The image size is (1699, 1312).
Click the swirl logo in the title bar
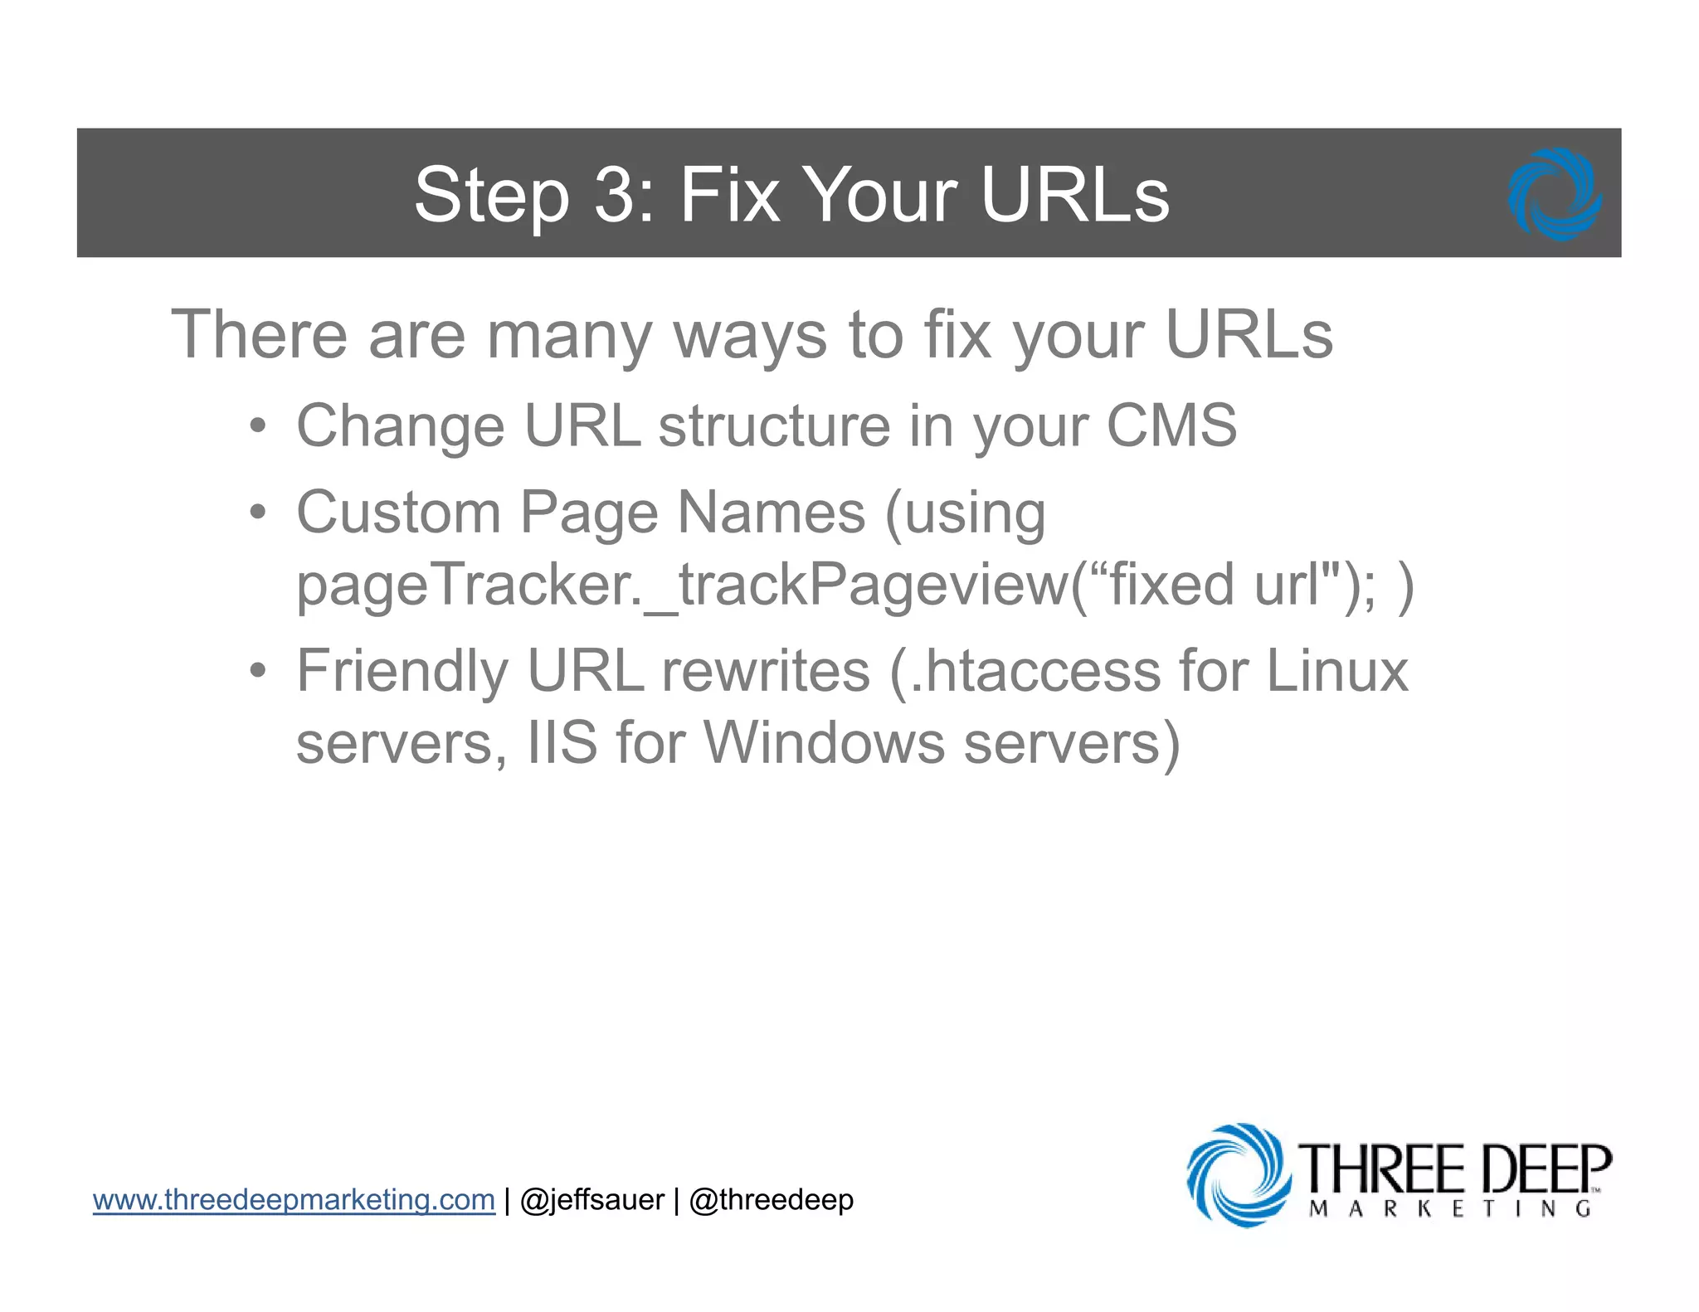1555,194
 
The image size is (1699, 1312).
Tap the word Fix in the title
729,195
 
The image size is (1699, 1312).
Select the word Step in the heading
491,197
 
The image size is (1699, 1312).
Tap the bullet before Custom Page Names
258,513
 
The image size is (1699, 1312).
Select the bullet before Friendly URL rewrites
258,671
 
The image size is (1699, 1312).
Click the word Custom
398,513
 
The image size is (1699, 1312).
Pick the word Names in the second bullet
772,513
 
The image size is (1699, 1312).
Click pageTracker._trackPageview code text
680,585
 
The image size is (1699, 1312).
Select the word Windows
824,742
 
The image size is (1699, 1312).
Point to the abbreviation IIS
562,742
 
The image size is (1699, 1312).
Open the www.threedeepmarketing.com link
294,1200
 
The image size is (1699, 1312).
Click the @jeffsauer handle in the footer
591,1200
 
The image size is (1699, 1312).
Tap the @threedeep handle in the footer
771,1200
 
